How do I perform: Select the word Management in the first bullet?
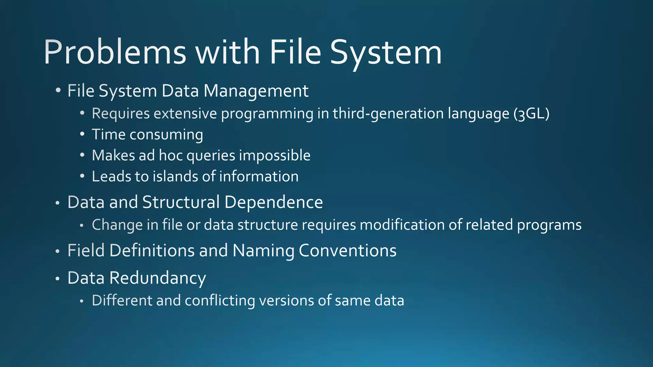tap(256, 91)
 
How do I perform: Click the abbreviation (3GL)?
tap(532, 114)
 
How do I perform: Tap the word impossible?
tap(275, 156)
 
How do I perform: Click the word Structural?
tap(181, 202)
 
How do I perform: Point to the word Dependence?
tap(274, 202)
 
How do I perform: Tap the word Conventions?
tap(348, 250)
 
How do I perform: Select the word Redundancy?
tap(158, 278)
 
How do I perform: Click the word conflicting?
tap(220, 301)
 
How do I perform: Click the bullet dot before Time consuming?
tap(82, 134)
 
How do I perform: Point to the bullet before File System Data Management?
tap(58, 90)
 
